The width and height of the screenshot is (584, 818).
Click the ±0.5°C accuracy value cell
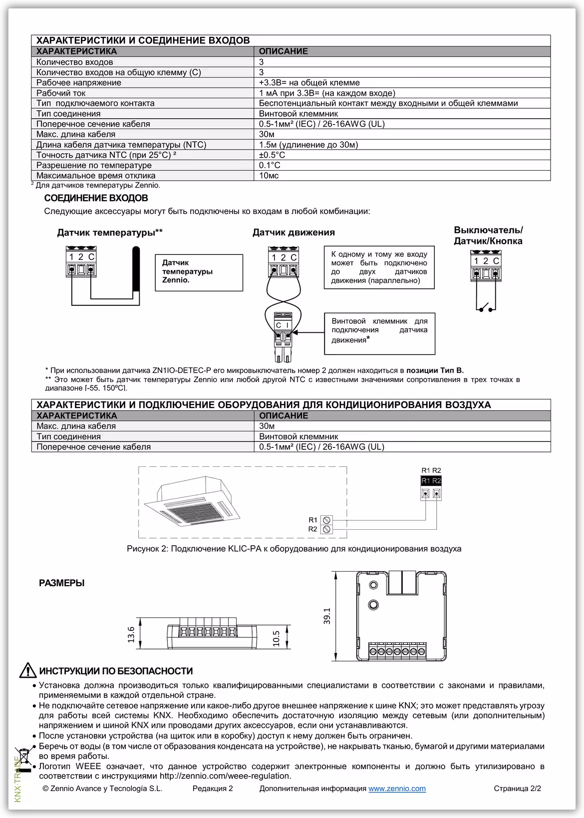coord(273,155)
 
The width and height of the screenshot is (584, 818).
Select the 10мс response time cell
coord(269,176)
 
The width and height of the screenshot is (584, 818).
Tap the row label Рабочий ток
coord(61,93)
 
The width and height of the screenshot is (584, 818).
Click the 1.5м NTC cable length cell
coord(308,145)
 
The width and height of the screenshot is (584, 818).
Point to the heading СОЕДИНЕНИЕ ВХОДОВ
coord(96,199)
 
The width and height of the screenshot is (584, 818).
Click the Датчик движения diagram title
coord(293,232)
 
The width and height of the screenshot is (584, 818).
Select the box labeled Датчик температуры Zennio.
coord(199,272)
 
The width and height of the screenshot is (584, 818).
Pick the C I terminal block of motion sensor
coord(283,325)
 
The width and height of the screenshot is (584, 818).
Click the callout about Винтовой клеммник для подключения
coord(379,333)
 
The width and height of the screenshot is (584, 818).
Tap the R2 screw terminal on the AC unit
coord(327,529)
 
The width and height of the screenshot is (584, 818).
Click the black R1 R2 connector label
coord(431,481)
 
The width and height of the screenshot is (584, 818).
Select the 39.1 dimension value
coord(327,616)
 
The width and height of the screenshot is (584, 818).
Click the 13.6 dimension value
coord(131,635)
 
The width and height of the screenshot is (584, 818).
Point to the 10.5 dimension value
coord(276,638)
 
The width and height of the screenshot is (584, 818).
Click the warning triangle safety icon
coord(27,671)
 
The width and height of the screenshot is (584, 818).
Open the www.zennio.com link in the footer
coord(397,789)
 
